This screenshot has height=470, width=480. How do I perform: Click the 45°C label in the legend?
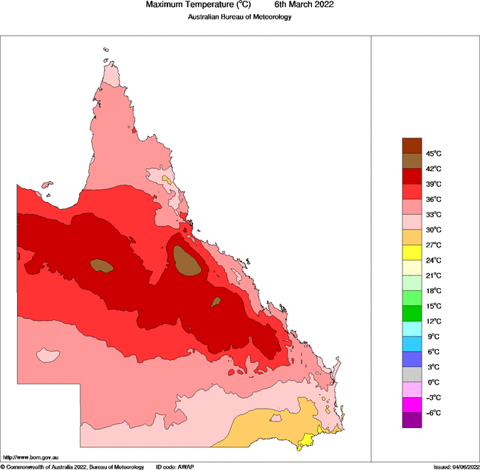pyautogui.click(x=433, y=153)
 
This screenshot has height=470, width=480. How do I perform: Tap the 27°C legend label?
pyautogui.click(x=433, y=245)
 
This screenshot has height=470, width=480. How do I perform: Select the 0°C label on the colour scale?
pyautogui.click(x=433, y=382)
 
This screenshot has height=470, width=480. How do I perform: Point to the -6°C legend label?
pyautogui.click(x=433, y=413)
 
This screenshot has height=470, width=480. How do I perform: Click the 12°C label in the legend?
pyautogui.click(x=433, y=322)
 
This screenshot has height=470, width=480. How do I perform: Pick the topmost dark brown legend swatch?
pyautogui.click(x=412, y=145)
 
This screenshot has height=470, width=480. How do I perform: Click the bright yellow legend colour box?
pyautogui.click(x=412, y=252)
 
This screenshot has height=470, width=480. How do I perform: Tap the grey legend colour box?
pyautogui.click(x=412, y=374)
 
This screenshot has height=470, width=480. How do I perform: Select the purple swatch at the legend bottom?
pyautogui.click(x=412, y=420)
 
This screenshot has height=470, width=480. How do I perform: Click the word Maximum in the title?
pyautogui.click(x=165, y=4)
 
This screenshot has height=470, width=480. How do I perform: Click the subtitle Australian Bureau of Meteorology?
pyautogui.click(x=240, y=16)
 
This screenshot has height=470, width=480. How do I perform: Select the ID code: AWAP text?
pyautogui.click(x=174, y=466)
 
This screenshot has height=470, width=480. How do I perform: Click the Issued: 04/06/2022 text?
pyautogui.click(x=456, y=466)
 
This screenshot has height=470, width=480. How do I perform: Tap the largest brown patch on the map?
pyautogui.click(x=185, y=261)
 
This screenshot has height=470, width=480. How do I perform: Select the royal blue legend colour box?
pyautogui.click(x=412, y=359)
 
